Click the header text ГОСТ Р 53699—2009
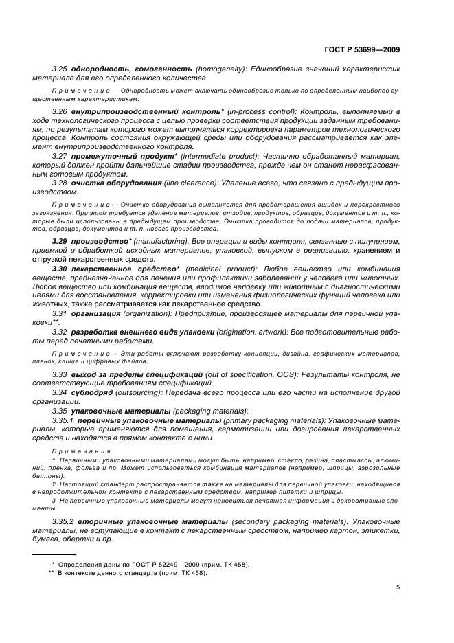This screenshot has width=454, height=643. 362,49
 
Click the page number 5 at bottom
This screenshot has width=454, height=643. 398,587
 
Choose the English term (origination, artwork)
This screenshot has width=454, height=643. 254,332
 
